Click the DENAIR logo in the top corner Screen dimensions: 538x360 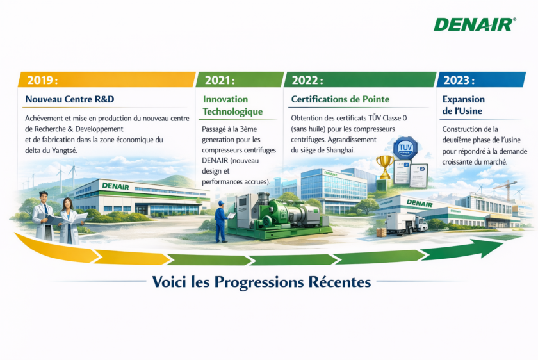[x=475, y=24]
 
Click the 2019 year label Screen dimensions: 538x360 [x=42, y=80]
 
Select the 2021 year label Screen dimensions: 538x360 [x=220, y=80]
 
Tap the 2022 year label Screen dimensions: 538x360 [x=307, y=80]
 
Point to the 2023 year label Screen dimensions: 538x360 [x=459, y=80]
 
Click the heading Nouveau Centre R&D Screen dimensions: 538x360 [x=70, y=99]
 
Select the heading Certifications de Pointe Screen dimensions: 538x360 [x=340, y=99]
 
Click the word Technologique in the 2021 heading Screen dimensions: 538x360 [x=232, y=111]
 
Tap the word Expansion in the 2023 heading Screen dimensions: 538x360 [x=464, y=99]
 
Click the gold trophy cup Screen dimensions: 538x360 [x=385, y=166]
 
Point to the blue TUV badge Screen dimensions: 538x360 [x=405, y=149]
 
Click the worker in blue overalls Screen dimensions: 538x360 [x=220, y=222]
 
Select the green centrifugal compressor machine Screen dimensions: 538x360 [x=278, y=215]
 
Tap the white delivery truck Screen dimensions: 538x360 [x=407, y=223]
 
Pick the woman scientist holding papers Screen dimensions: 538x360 [x=70, y=222]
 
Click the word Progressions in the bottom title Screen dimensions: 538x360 [x=259, y=282]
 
